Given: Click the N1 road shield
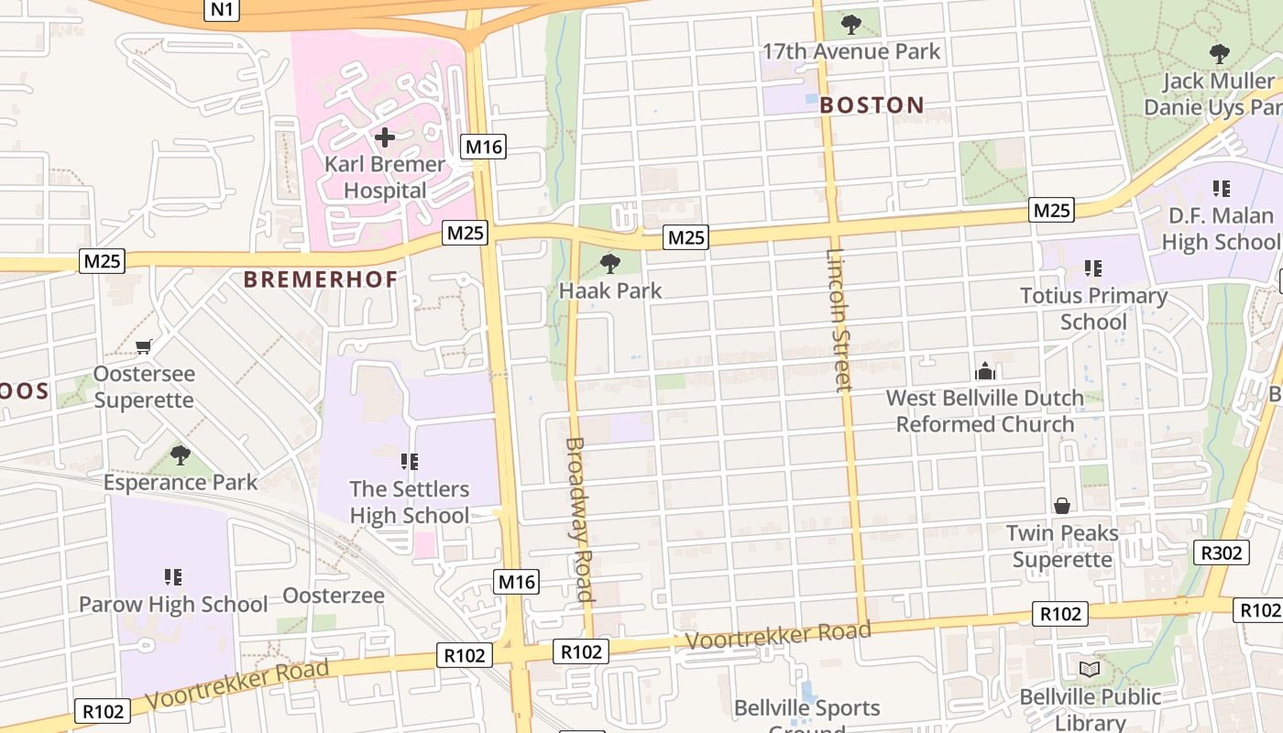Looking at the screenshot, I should (x=221, y=9).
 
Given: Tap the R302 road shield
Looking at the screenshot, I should (x=1223, y=552).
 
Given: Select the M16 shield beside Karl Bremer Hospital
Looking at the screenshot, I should (x=484, y=147).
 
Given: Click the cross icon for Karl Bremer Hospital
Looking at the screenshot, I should (x=385, y=138).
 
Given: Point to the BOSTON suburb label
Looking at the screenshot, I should (x=872, y=105).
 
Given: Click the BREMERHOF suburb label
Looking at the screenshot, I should (x=321, y=280).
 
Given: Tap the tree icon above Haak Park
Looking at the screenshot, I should (x=609, y=264).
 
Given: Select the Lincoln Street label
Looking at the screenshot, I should (x=839, y=320).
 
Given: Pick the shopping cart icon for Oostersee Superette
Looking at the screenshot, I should (x=143, y=346).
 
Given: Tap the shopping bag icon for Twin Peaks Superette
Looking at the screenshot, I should (x=1062, y=506).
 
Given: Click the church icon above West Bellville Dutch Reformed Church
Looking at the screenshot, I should (x=985, y=371).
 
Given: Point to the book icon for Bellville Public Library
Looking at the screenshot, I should (x=1090, y=670).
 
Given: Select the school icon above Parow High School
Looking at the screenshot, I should (x=173, y=576).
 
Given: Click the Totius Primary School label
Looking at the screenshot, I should (x=1093, y=309).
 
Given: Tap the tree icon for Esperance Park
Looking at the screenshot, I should (x=181, y=454).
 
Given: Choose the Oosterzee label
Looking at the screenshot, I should (x=334, y=596).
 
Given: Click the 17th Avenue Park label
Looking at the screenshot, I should (x=851, y=51).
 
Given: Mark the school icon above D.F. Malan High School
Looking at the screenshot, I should (x=1221, y=189).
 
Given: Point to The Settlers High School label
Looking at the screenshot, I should (x=410, y=502).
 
